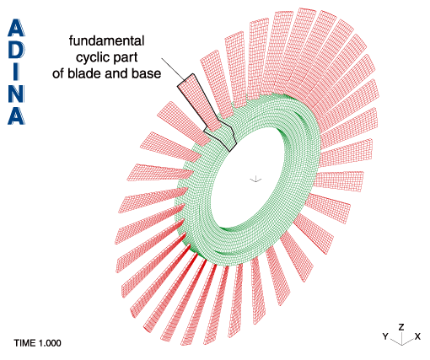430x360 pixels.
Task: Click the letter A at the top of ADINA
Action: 16,28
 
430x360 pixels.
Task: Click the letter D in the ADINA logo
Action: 16,50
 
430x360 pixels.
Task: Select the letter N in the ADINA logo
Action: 16,94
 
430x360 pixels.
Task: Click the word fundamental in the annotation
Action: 106,41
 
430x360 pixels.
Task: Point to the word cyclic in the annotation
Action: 90,58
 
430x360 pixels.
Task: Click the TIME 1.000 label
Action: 37,343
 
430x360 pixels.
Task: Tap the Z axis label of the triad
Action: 401,327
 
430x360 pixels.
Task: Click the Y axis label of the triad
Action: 385,336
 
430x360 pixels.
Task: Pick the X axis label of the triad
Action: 417,336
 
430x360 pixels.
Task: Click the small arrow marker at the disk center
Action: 255,180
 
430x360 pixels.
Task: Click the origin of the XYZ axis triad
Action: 402,345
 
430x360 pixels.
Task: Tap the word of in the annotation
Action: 58,73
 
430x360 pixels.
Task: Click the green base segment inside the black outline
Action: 225,136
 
